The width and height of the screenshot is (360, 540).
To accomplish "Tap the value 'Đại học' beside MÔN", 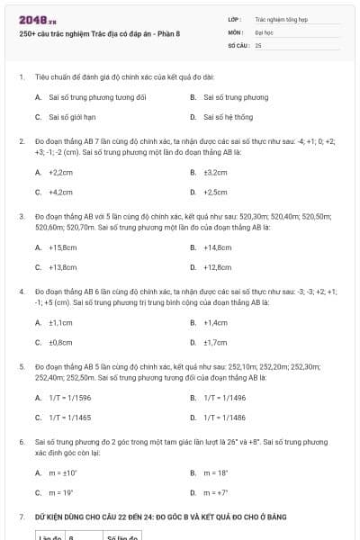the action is pyautogui.click(x=265, y=31).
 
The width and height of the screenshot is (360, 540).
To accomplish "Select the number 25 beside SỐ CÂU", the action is pyautogui.click(x=258, y=44).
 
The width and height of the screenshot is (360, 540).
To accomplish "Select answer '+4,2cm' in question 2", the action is pyautogui.click(x=61, y=192).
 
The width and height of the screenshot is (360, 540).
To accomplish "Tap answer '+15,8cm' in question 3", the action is pyautogui.click(x=63, y=247).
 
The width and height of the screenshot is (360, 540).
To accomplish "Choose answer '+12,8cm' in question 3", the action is pyautogui.click(x=218, y=266).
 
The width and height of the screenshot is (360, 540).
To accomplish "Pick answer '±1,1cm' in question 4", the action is pyautogui.click(x=61, y=322).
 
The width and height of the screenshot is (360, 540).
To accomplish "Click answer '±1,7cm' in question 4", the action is pyautogui.click(x=216, y=342).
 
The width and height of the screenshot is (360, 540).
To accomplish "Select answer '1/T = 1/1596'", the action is pyautogui.click(x=70, y=398).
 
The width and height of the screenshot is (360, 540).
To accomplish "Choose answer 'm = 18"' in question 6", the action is pyautogui.click(x=216, y=472).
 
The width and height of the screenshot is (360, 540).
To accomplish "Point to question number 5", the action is pyautogui.click(x=21, y=367).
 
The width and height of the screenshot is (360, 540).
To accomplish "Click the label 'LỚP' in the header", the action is pyautogui.click(x=234, y=19).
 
